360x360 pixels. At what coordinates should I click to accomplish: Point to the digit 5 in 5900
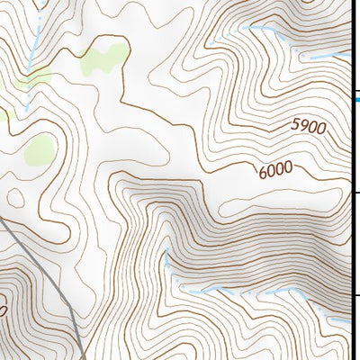(293, 131)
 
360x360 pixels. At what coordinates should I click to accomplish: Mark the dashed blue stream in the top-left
(32, 54)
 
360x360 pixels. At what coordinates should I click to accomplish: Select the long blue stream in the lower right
(261, 292)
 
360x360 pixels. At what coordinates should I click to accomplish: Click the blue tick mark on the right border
(357, 99)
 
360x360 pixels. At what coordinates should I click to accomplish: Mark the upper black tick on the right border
(355, 193)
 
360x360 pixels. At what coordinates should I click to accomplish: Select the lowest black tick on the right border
(355, 296)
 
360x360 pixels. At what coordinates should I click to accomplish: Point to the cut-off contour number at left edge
(4, 311)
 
